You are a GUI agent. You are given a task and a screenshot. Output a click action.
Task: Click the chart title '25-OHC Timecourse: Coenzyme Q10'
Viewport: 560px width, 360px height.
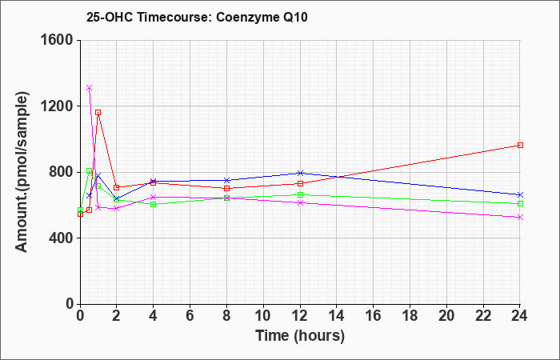pyautogui.click(x=197, y=17)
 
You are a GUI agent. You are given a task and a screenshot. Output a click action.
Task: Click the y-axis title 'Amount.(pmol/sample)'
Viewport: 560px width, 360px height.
pyautogui.click(x=22, y=172)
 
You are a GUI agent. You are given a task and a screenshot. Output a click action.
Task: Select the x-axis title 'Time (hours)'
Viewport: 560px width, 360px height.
pyautogui.click(x=300, y=336)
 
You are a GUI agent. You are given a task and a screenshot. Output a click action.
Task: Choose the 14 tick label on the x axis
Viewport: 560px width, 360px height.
pyautogui.click(x=337, y=316)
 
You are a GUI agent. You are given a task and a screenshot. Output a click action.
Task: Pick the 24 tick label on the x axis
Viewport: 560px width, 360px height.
pyautogui.click(x=520, y=316)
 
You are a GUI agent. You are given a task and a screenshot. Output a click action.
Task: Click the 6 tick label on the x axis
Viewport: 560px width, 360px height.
pyautogui.click(x=190, y=316)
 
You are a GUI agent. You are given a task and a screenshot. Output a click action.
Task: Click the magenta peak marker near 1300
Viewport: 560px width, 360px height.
pyautogui.click(x=90, y=88)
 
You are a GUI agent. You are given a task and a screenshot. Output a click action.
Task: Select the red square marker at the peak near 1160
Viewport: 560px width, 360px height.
pyautogui.click(x=98, y=113)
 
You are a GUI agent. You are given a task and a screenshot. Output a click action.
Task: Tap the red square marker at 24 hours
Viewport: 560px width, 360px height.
pyautogui.click(x=520, y=146)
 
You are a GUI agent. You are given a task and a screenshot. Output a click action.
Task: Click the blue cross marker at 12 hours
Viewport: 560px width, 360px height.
pyautogui.click(x=300, y=174)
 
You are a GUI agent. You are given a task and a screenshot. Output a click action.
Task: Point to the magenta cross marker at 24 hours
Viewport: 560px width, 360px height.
pyautogui.click(x=520, y=217)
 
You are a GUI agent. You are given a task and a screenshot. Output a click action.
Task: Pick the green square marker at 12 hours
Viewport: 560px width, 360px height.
pyautogui.click(x=300, y=195)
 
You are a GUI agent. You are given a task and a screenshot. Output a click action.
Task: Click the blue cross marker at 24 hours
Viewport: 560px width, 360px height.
pyautogui.click(x=520, y=194)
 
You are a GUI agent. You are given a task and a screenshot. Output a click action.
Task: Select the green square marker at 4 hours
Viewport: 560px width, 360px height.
pyautogui.click(x=154, y=204)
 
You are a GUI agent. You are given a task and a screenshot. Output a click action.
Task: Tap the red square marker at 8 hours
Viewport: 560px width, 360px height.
pyautogui.click(x=226, y=189)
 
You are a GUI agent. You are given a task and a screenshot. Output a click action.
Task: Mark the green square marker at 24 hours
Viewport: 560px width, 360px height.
pyautogui.click(x=520, y=203)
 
